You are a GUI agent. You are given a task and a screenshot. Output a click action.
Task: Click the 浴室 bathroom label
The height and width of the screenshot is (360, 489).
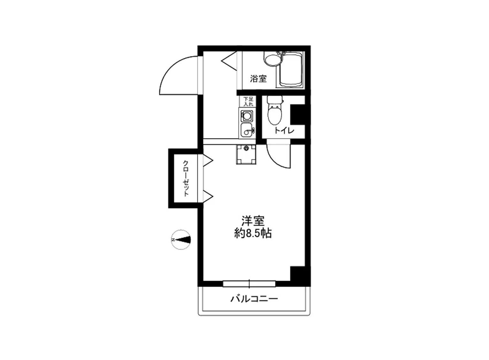(258, 78)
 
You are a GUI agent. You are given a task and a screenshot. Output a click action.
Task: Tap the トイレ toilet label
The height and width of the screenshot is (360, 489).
(284, 130)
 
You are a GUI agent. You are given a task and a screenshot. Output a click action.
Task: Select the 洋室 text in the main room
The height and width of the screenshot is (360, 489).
(253, 221)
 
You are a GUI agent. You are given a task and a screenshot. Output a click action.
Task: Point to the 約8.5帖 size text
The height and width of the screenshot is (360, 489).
(253, 233)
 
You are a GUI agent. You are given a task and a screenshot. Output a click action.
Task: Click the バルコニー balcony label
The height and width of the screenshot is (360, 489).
(254, 299)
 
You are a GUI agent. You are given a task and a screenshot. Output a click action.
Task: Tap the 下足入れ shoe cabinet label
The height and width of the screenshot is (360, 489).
(248, 101)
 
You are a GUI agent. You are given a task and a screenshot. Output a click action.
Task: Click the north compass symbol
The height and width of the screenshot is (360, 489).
(181, 239)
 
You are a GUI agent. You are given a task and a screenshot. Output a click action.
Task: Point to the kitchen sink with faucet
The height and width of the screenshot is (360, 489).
(247, 130)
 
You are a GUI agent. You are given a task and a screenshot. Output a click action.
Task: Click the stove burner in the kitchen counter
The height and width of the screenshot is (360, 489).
(247, 115)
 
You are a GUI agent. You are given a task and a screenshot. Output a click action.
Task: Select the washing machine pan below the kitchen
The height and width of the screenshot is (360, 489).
(246, 155)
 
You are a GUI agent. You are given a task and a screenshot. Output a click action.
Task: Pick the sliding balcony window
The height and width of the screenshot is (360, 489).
(249, 284)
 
